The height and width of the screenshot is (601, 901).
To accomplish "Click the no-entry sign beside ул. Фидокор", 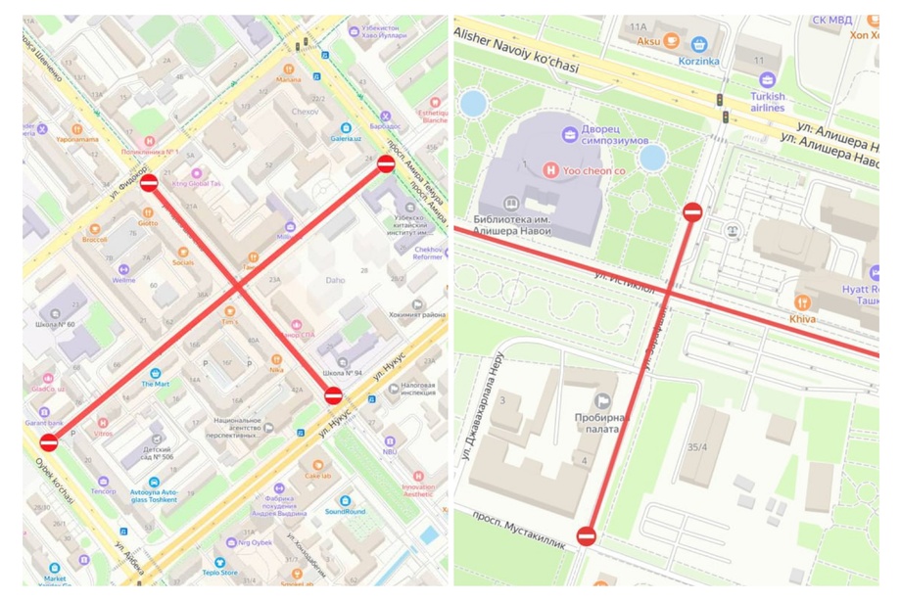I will point(149,183).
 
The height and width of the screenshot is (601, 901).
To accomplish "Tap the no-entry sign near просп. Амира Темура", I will point(386,164).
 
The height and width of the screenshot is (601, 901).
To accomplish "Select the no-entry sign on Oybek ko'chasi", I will point(48,442).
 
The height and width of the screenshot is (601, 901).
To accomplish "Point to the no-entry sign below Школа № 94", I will point(333,395).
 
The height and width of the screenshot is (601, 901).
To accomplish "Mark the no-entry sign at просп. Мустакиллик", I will point(586,535).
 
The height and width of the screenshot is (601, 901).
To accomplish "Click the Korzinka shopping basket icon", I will point(698,44).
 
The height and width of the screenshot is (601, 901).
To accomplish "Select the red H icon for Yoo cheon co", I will point(551,169).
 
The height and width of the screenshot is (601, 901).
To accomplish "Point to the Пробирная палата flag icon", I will point(603,400).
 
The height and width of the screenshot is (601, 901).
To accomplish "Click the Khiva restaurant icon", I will point(803,302).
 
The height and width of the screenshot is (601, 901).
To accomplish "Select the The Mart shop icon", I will point(155,372).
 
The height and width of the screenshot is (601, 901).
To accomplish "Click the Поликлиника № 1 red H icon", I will point(149,141).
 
